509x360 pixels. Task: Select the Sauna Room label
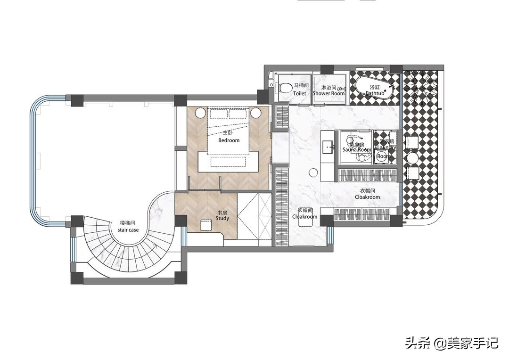[x=357, y=149]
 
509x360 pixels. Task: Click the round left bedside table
[x=200, y=113]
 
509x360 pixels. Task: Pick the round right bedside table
[x=256, y=113]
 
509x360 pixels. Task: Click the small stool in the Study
[x=205, y=225]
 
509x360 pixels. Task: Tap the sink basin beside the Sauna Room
[x=328, y=147]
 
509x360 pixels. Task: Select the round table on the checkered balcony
[x=413, y=158]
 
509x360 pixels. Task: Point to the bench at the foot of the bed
[x=229, y=162]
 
